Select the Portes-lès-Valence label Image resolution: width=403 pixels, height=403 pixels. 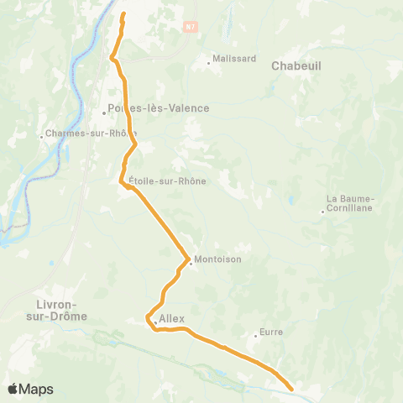(x=159, y=108)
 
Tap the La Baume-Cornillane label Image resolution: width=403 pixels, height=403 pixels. (x=351, y=203)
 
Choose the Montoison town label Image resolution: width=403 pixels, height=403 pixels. (x=217, y=259)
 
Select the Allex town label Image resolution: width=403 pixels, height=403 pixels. (x=171, y=319)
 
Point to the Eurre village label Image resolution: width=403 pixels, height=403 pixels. (x=271, y=332)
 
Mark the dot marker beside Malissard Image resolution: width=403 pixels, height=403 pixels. (x=209, y=62)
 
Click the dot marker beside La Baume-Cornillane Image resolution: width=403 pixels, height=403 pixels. (x=322, y=211)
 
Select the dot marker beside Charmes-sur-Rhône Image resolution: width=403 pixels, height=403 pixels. (x=42, y=133)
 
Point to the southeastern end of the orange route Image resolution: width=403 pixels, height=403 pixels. (x=291, y=390)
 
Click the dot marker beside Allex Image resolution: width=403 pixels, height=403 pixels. (x=154, y=320)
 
